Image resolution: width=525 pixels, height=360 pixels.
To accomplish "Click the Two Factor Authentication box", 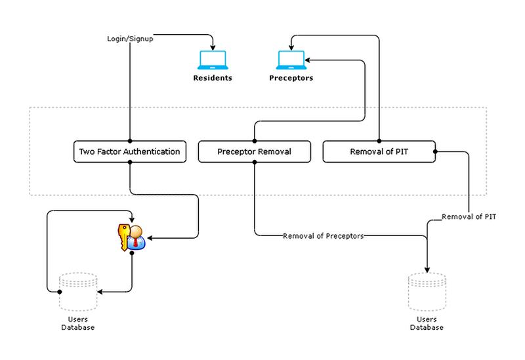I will tap(129, 151).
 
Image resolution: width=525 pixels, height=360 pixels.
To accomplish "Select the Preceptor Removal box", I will tap(254, 151).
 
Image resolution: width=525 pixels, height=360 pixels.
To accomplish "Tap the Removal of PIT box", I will tap(379, 151).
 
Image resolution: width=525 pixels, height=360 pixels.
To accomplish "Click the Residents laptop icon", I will tap(213, 60).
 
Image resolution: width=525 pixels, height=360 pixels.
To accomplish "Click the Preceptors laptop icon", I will tap(291, 60).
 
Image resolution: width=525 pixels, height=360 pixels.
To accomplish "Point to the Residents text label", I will tap(213, 78).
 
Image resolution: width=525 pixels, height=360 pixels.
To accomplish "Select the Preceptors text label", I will tap(291, 78).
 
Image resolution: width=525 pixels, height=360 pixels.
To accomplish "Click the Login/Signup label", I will tap(130, 38).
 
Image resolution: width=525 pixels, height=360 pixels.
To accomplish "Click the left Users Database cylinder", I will tap(78, 292).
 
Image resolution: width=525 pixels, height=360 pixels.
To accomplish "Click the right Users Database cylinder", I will tap(427, 292).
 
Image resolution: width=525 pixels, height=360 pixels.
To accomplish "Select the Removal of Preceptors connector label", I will tap(323, 235).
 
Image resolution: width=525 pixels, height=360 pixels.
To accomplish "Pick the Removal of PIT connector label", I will tap(469, 216).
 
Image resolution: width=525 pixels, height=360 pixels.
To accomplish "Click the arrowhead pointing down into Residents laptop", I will tap(213, 47).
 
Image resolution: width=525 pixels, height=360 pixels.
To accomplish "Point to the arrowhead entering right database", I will tap(427, 269).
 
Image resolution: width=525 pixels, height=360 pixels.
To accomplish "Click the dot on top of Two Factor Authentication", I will tap(130, 141).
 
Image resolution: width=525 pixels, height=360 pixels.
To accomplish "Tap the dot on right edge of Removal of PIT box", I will tap(434, 152).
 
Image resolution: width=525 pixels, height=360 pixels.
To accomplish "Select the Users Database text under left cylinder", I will tap(78, 323).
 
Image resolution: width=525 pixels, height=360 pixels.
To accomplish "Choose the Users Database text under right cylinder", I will tap(427, 323).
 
